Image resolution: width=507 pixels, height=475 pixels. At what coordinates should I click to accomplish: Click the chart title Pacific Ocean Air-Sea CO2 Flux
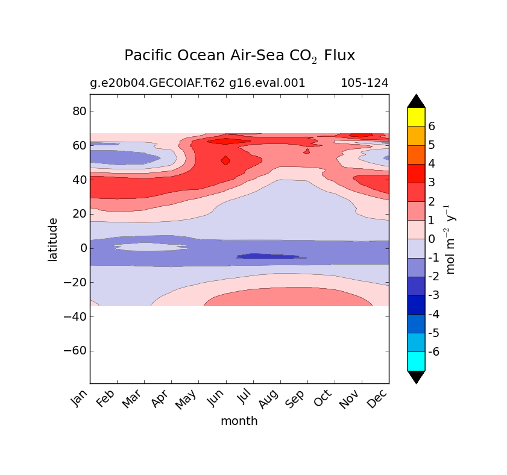pos(239,55)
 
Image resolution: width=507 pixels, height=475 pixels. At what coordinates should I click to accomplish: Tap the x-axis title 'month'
pos(239,421)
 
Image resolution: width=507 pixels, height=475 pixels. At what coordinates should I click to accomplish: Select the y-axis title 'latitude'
pos(53,239)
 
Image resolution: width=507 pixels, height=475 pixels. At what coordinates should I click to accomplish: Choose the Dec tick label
pos(379,399)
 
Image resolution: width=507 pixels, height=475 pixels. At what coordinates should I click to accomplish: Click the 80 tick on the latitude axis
pos(79,112)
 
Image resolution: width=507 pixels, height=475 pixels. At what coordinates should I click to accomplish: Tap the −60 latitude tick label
pos(74,350)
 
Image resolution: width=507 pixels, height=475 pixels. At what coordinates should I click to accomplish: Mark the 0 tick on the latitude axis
pos(83,248)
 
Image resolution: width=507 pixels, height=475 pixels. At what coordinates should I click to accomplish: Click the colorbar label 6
pos(432,126)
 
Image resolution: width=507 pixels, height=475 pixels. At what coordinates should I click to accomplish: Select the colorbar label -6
pos(432,351)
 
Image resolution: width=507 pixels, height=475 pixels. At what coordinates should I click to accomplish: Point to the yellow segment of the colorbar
pos(416,116)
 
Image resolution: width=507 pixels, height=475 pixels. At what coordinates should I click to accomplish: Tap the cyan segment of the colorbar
pos(416,360)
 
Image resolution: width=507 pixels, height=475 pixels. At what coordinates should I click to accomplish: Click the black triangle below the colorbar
pos(416,377)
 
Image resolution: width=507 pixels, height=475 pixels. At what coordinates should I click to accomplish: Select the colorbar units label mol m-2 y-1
pos(450,239)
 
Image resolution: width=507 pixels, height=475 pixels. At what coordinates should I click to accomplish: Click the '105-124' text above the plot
pos(364,83)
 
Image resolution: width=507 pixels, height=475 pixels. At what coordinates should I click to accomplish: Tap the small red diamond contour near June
pos(225,160)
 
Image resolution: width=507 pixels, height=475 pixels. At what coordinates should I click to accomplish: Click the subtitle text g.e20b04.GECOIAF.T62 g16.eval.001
pos(197,83)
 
